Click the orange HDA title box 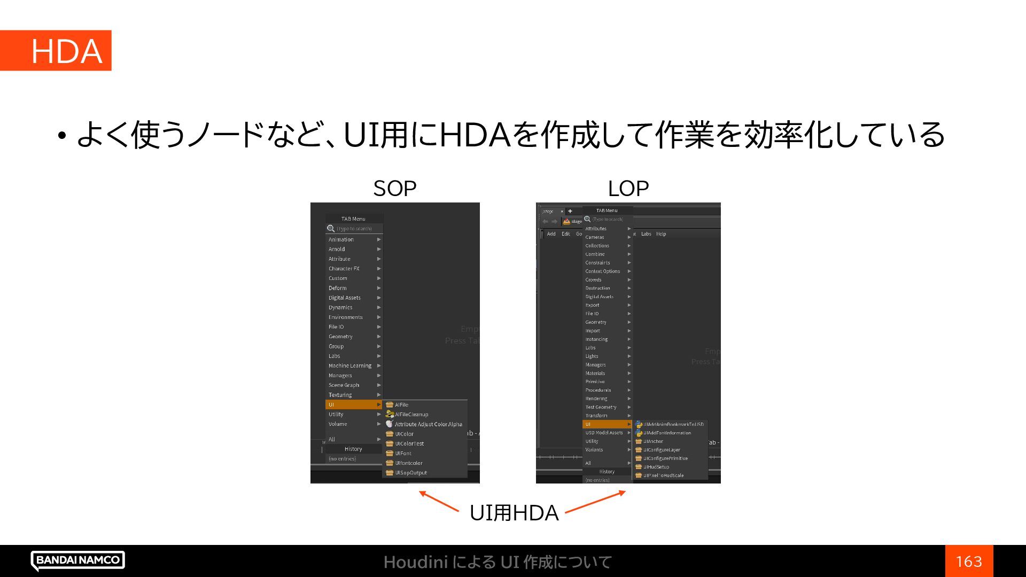56,51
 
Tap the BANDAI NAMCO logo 78,560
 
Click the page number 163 969,561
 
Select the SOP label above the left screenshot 394,189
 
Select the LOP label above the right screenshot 628,189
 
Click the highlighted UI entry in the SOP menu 353,404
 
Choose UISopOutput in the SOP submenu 410,473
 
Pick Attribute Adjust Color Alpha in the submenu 428,424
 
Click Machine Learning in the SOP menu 350,366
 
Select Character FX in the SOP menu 344,269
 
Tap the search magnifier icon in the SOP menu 331,229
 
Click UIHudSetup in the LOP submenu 656,467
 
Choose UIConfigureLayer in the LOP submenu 662,450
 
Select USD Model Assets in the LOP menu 604,433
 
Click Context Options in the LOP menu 603,271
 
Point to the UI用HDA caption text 514,513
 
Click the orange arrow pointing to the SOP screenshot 439,501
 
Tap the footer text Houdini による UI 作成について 497,562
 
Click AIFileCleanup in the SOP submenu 411,415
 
